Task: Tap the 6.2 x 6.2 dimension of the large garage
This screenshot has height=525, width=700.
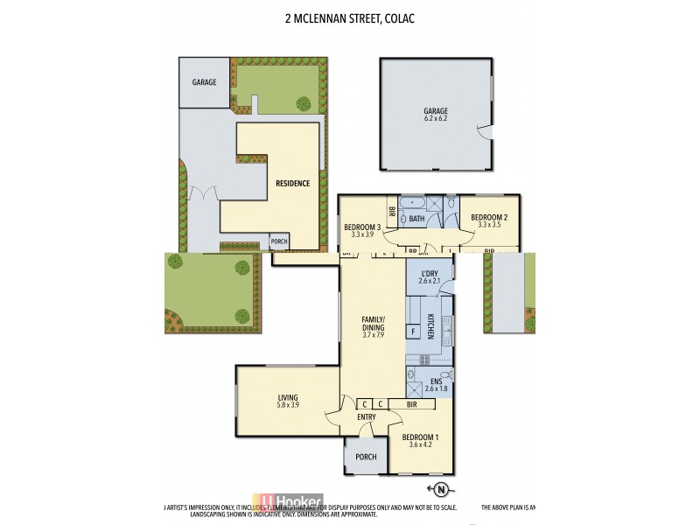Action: coord(436,118)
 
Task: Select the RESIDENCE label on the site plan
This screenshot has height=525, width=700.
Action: coord(292,184)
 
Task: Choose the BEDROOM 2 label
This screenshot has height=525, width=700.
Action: coord(489,217)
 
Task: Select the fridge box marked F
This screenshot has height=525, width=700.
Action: coord(411,332)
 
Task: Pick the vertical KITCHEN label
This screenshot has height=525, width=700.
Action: coord(430,328)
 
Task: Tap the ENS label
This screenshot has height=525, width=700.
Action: coord(435,381)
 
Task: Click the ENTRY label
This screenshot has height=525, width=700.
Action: coord(366,417)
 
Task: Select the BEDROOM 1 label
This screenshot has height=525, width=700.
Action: coord(420,437)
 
